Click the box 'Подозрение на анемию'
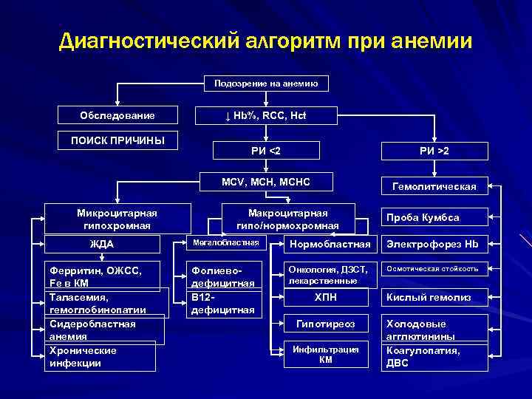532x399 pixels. pos(266,84)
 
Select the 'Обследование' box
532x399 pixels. pos(117,116)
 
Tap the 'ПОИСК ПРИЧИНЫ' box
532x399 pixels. pos(117,140)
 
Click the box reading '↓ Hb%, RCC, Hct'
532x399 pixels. pos(266,116)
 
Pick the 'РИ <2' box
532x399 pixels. pos(266,151)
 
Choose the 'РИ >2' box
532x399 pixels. pos(434,151)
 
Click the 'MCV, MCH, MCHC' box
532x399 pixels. pos(266,182)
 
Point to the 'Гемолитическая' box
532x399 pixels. pos(434,187)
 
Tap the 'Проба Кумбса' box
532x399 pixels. pos(434,217)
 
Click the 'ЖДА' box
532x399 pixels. pos(102,245)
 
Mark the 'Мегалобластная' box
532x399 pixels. pos(225,242)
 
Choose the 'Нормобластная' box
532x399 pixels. pos(330,244)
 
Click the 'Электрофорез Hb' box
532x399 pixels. pos(434,245)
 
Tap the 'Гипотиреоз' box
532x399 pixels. pos(326,324)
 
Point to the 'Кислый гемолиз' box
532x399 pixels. pos(434,298)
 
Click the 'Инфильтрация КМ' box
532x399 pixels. pos(326,354)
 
